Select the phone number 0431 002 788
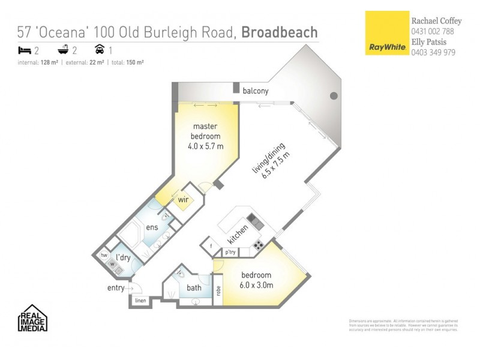433,31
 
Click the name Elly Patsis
430,42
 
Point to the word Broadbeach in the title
280,32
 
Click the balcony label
255,91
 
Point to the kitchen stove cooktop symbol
259,245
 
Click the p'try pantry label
230,253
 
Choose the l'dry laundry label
123,257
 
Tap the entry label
115,288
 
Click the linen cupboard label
140,300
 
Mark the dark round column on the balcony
334,96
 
